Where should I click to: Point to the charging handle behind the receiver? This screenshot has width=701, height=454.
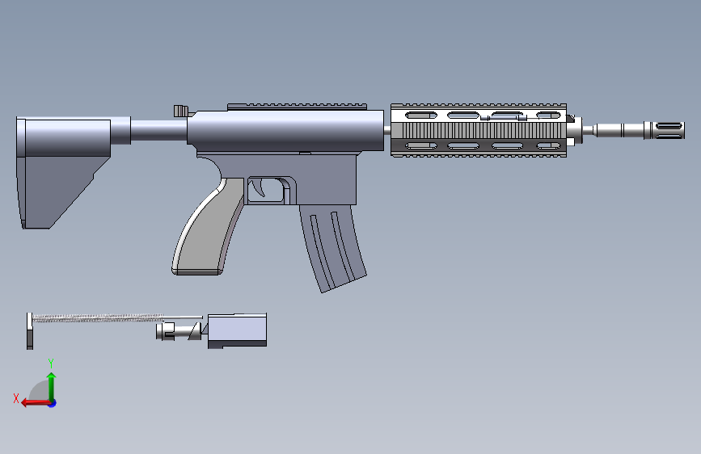click(x=181, y=110)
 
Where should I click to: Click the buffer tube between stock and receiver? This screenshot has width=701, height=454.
click(x=158, y=131)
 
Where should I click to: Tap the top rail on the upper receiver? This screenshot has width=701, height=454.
click(x=297, y=106)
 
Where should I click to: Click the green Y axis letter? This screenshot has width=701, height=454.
click(x=51, y=363)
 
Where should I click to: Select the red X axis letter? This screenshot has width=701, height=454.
click(x=16, y=398)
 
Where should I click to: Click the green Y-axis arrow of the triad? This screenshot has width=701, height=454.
click(x=51, y=384)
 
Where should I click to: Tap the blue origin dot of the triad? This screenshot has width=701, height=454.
click(x=52, y=402)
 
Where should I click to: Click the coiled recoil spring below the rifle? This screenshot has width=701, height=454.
click(x=105, y=319)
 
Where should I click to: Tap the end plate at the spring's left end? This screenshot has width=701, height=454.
click(x=30, y=330)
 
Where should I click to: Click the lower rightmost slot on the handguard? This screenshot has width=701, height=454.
click(x=548, y=145)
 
